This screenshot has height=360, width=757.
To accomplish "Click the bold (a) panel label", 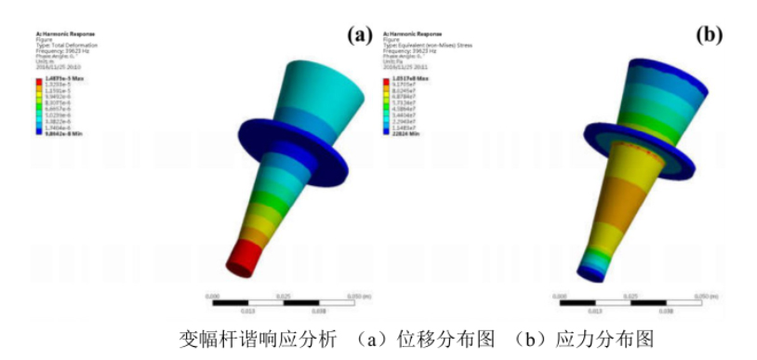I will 359,35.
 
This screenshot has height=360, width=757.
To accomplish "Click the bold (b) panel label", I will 710,35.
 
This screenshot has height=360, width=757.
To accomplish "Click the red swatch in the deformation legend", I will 40,80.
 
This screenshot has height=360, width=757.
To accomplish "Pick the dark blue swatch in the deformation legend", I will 40,131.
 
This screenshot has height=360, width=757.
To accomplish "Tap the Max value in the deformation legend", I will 63,79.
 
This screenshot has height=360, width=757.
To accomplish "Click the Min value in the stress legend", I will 406,131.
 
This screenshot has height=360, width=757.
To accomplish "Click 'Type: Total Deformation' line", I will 63,44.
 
